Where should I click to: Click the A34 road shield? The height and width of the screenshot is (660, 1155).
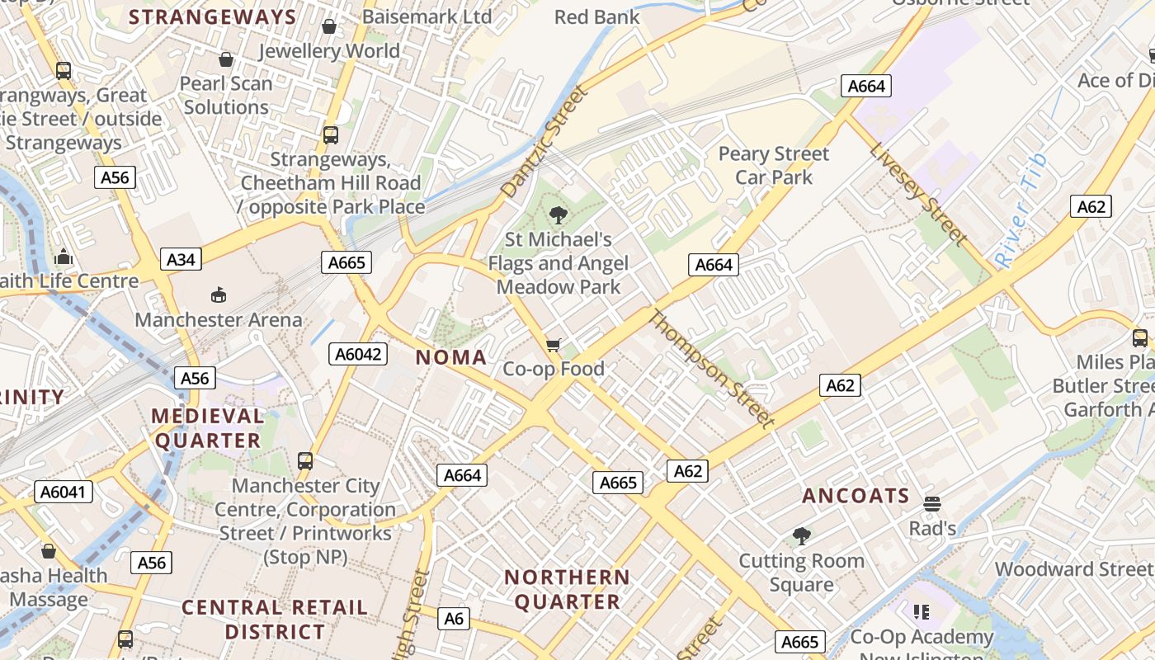(x=181, y=260)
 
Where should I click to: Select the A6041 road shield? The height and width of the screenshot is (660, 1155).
(x=64, y=493)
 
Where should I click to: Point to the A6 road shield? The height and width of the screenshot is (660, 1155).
(x=455, y=619)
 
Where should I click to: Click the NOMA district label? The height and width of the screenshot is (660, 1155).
(x=450, y=357)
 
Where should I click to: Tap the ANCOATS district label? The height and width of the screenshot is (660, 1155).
(x=856, y=496)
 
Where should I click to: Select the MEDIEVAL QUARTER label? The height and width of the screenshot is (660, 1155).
(x=208, y=427)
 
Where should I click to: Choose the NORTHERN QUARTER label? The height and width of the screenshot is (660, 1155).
(x=567, y=589)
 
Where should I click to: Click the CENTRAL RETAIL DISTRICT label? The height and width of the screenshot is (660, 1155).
(x=275, y=620)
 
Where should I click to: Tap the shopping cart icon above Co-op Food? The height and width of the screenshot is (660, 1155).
(x=554, y=345)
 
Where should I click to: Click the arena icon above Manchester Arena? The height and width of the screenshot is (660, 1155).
(x=219, y=295)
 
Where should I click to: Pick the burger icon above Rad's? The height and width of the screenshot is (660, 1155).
(x=932, y=503)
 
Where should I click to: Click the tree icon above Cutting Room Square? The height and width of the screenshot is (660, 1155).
(x=801, y=536)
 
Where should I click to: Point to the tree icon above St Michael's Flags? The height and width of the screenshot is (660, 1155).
(x=559, y=216)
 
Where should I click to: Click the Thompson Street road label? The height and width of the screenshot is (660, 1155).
(x=713, y=369)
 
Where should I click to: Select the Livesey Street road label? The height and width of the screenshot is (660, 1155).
(x=918, y=195)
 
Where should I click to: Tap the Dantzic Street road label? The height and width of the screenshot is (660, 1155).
(x=545, y=142)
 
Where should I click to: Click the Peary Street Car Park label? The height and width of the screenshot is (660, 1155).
(x=773, y=165)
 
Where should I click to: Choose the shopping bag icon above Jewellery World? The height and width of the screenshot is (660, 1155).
(x=329, y=26)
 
